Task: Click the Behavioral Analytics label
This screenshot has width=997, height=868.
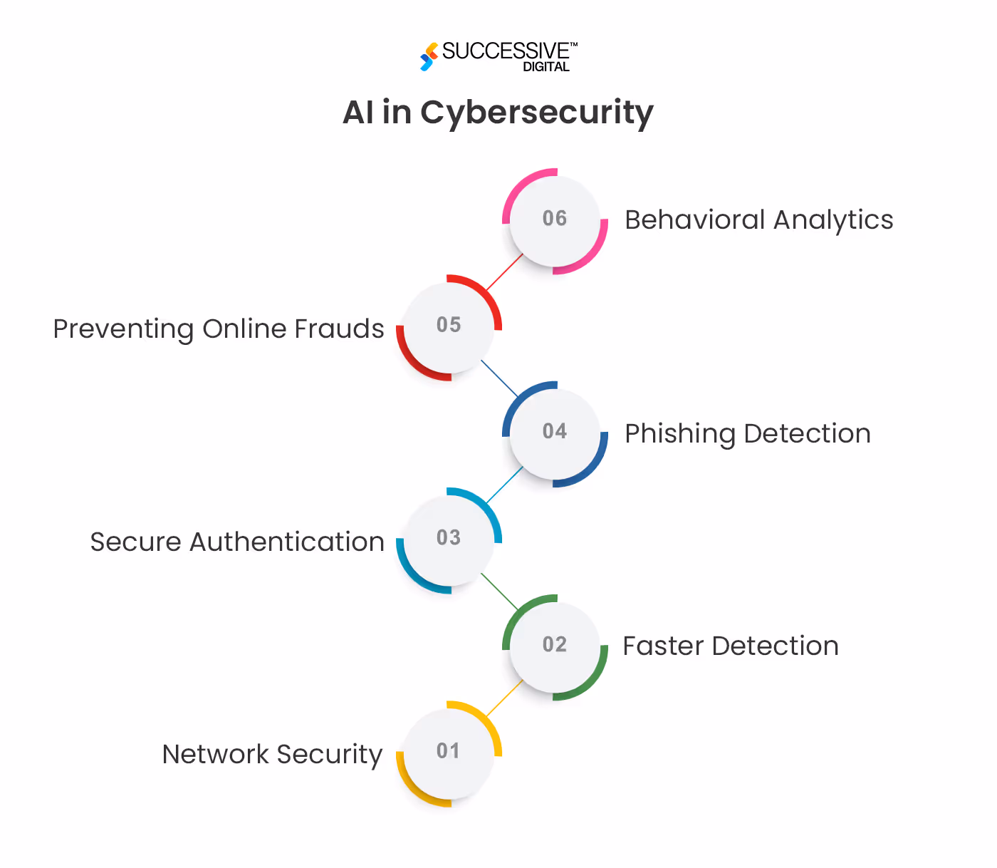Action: pos(758,220)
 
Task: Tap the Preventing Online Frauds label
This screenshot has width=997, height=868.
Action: pos(219,329)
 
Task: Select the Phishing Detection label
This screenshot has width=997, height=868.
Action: pos(747,434)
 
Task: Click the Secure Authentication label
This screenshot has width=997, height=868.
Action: pos(237,542)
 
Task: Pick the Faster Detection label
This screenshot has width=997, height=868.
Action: pos(730,646)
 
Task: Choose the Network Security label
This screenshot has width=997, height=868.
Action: pos(272,755)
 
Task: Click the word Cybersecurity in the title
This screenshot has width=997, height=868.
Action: pos(536,113)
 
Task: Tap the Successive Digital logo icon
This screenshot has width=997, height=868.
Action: pos(429,56)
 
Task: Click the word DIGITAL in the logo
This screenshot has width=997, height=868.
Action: pos(546,67)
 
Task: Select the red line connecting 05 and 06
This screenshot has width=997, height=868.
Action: pos(505,272)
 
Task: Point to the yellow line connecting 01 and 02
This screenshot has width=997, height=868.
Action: pos(505,698)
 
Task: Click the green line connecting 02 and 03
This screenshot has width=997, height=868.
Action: pos(500,591)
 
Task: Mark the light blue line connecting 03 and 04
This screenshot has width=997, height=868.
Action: pos(505,485)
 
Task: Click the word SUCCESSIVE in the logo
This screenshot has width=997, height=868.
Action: pos(506,51)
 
